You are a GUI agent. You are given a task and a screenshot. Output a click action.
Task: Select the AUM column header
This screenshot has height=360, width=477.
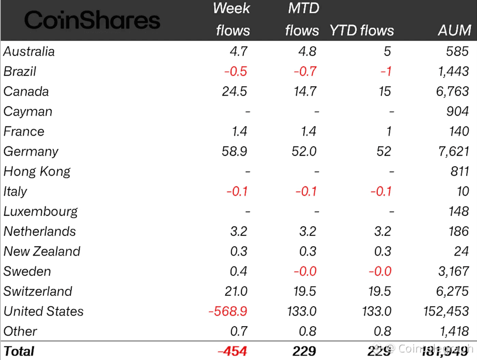click(454, 30)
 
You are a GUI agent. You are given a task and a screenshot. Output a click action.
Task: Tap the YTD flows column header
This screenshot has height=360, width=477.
click(362, 30)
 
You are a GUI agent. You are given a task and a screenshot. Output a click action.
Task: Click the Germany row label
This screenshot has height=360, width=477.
click(31, 152)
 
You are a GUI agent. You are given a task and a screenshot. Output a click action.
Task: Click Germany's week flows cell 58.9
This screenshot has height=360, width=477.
click(235, 151)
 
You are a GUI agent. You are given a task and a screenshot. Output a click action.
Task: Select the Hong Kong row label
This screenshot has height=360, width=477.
click(37, 172)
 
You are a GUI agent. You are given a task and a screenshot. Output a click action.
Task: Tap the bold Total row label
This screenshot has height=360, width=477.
click(19, 351)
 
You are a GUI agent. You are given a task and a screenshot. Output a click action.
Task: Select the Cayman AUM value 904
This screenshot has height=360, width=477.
click(457, 111)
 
